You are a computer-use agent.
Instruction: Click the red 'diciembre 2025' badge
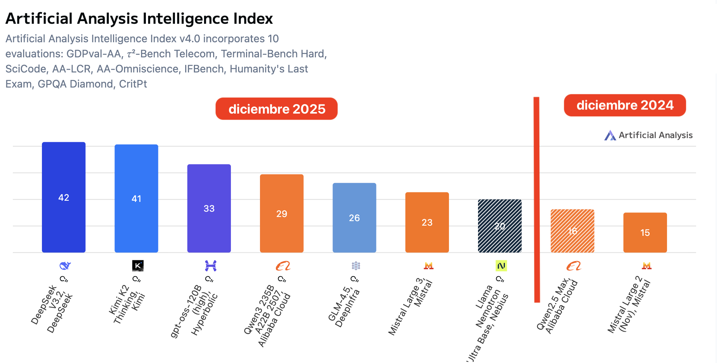[x=276, y=109]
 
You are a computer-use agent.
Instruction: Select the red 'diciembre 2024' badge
[x=625, y=105]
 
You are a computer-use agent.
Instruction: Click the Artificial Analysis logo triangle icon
[x=610, y=135]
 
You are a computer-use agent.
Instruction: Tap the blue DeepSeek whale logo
[x=65, y=266]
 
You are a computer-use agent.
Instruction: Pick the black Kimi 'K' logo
[x=138, y=266]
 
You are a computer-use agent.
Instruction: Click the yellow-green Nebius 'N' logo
[x=501, y=266]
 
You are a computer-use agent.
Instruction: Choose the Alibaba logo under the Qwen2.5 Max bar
[x=574, y=266]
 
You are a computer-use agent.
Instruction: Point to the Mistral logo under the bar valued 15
[x=646, y=266]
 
